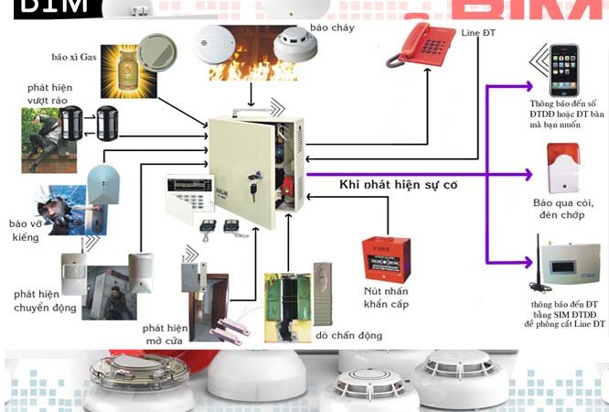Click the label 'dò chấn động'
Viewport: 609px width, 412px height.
(x=347, y=335)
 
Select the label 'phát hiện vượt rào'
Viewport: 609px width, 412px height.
(x=47, y=93)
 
